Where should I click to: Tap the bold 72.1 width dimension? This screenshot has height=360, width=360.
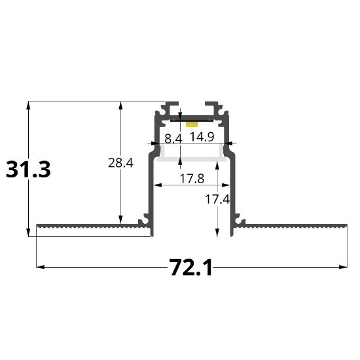[190, 267]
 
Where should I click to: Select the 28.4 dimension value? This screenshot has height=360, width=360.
[120, 163]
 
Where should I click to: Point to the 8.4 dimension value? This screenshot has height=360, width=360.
[173, 138]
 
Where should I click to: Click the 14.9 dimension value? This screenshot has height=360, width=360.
[202, 138]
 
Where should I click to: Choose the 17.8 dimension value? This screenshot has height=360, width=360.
[190, 177]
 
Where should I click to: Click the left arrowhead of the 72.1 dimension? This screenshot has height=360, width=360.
[39, 267]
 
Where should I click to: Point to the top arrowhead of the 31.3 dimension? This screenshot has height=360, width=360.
[29, 105]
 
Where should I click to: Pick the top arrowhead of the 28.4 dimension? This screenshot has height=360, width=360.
[120, 105]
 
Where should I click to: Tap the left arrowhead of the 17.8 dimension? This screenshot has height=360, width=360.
[156, 185]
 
